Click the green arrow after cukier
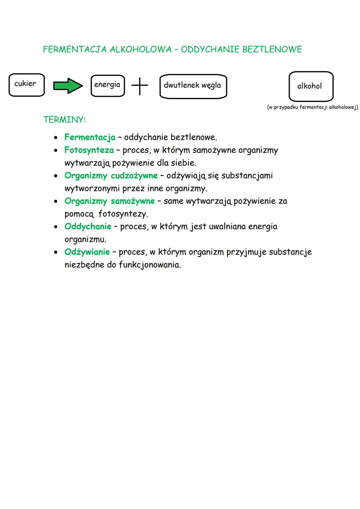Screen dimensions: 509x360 (x=68, y=86)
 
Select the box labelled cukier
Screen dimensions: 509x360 (x=26, y=85)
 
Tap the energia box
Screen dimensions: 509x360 (x=107, y=86)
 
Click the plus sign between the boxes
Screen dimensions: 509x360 (x=140, y=86)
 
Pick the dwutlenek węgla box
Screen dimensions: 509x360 (x=193, y=86)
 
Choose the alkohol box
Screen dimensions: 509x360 (x=311, y=86)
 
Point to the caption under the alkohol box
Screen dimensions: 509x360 (x=312, y=107)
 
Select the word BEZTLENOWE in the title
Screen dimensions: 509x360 (x=272, y=49)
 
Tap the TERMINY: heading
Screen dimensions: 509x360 (x=64, y=120)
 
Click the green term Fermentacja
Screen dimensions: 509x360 (x=90, y=137)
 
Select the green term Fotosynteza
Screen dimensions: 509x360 (x=89, y=150)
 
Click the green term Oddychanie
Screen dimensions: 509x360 (x=88, y=226)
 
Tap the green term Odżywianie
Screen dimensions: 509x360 (x=87, y=252)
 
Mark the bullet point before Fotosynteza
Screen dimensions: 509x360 (x=56, y=150)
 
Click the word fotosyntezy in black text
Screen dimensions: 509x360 (x=123, y=214)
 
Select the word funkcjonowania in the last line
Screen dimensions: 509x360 (x=150, y=265)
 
